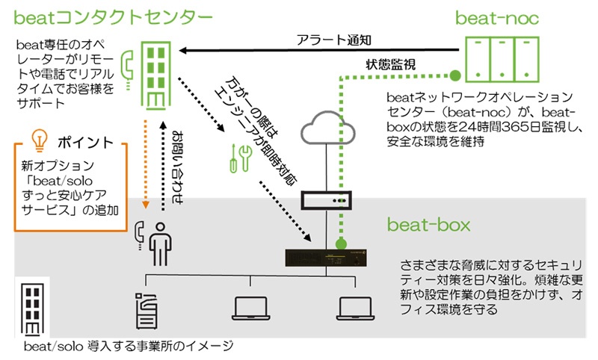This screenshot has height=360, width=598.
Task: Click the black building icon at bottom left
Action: (x=30, y=308)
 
